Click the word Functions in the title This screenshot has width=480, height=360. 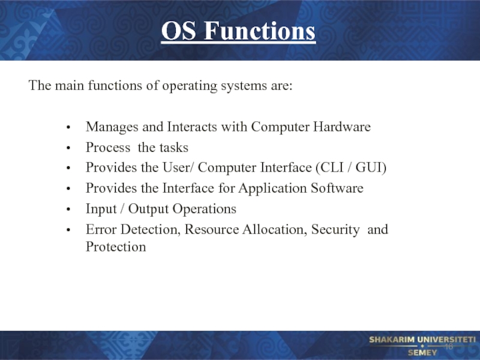260,31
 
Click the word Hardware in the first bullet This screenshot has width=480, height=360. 341,127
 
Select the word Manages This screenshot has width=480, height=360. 112,127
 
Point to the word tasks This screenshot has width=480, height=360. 173,147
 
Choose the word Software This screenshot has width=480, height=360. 337,188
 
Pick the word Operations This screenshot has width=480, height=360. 204,209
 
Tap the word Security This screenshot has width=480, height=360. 335,230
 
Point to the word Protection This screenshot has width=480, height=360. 116,247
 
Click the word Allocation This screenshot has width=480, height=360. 275,230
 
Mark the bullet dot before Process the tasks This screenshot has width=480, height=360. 68,148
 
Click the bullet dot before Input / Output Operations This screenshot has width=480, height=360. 68,209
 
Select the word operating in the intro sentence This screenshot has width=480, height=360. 190,86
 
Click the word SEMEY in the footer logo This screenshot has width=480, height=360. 422,353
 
